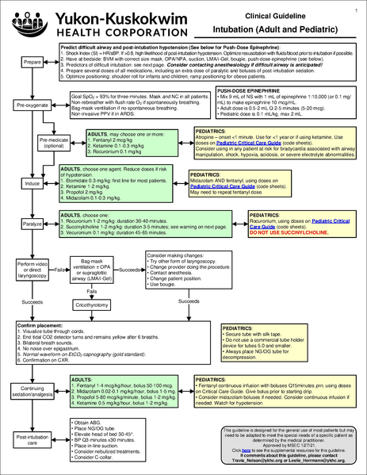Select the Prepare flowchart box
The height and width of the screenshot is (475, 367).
click(x=32, y=62)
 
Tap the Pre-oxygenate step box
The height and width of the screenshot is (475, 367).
click(x=32, y=105)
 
